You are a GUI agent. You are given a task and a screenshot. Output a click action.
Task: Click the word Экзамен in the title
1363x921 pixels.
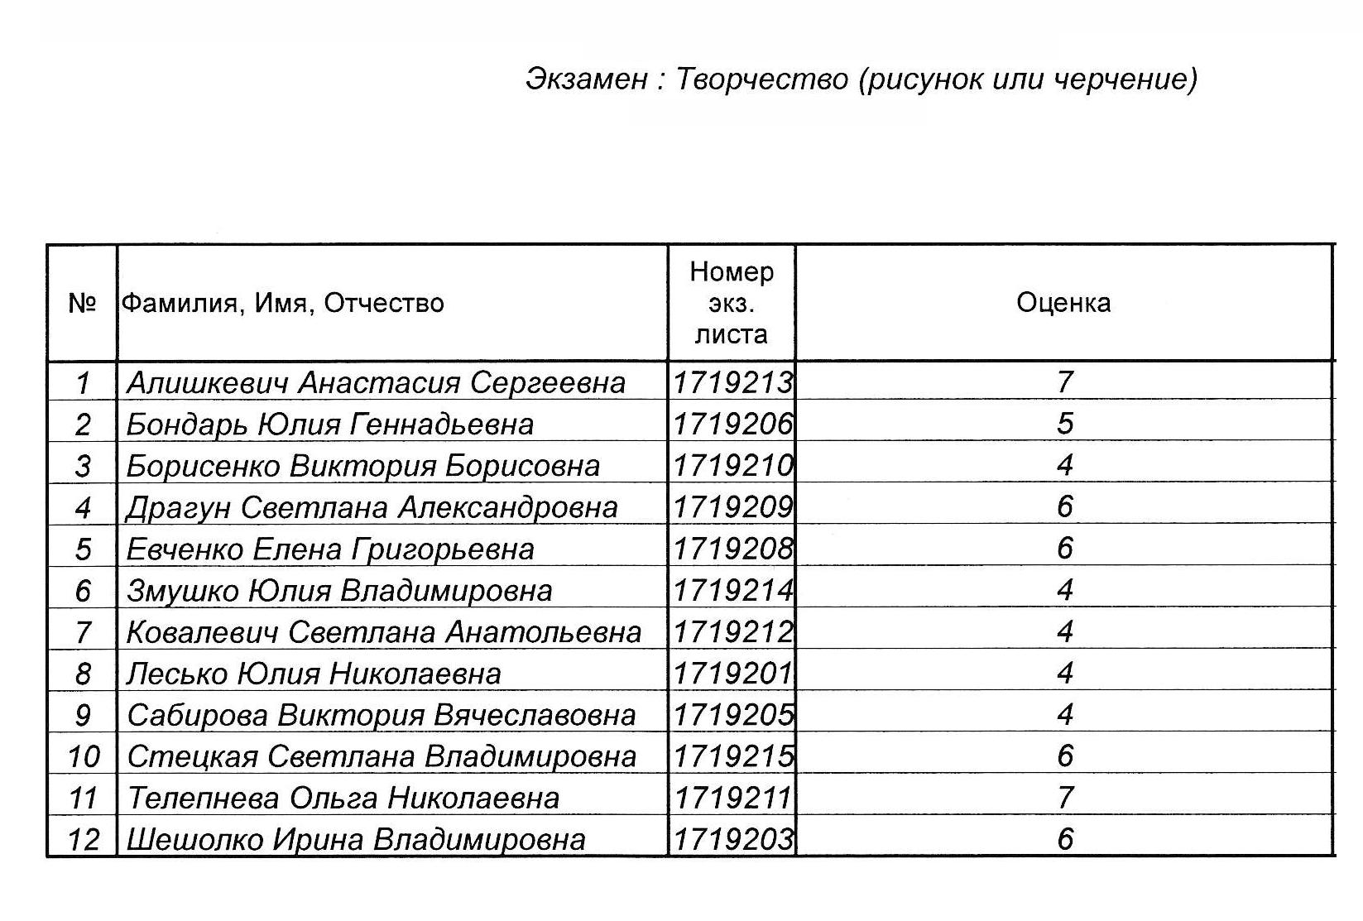coord(587,79)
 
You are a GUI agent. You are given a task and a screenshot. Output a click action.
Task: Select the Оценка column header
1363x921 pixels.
coord(1063,303)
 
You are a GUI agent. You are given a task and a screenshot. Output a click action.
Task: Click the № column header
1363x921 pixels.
coord(82,303)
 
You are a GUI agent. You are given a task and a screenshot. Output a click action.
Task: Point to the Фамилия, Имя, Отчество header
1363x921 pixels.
coord(283,304)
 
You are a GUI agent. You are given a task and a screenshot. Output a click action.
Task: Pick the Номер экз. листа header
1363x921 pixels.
coord(732,303)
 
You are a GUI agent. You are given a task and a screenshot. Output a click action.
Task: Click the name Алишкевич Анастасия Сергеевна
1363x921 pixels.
coord(376,382)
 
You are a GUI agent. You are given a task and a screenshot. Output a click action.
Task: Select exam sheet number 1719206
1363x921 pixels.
coord(732,425)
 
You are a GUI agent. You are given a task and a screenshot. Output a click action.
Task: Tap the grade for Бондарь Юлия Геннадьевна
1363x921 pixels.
coord(1065,424)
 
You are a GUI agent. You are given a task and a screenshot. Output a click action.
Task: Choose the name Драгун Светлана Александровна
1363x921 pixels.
coord(372,507)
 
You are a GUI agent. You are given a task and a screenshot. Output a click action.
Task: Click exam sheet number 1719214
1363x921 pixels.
coord(732,591)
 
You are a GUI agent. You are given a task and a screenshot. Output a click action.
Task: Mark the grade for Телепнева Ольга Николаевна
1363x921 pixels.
coord(1065,798)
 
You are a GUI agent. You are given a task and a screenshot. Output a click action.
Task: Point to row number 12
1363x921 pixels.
coord(83,840)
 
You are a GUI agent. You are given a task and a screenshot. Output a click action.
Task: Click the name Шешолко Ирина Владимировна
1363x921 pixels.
coord(356,840)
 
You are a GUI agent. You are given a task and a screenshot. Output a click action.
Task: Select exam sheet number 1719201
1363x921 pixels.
coord(732,674)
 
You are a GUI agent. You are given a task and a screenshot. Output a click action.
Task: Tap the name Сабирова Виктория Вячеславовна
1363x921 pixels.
coord(381,715)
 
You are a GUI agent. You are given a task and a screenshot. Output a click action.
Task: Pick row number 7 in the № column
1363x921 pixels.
coord(83,632)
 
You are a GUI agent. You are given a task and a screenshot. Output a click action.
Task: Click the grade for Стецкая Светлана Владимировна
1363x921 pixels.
coord(1065,756)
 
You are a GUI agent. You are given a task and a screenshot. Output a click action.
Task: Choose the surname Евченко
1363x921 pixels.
coord(185,549)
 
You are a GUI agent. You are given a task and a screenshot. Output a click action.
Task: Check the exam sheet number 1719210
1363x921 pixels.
coord(732,466)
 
